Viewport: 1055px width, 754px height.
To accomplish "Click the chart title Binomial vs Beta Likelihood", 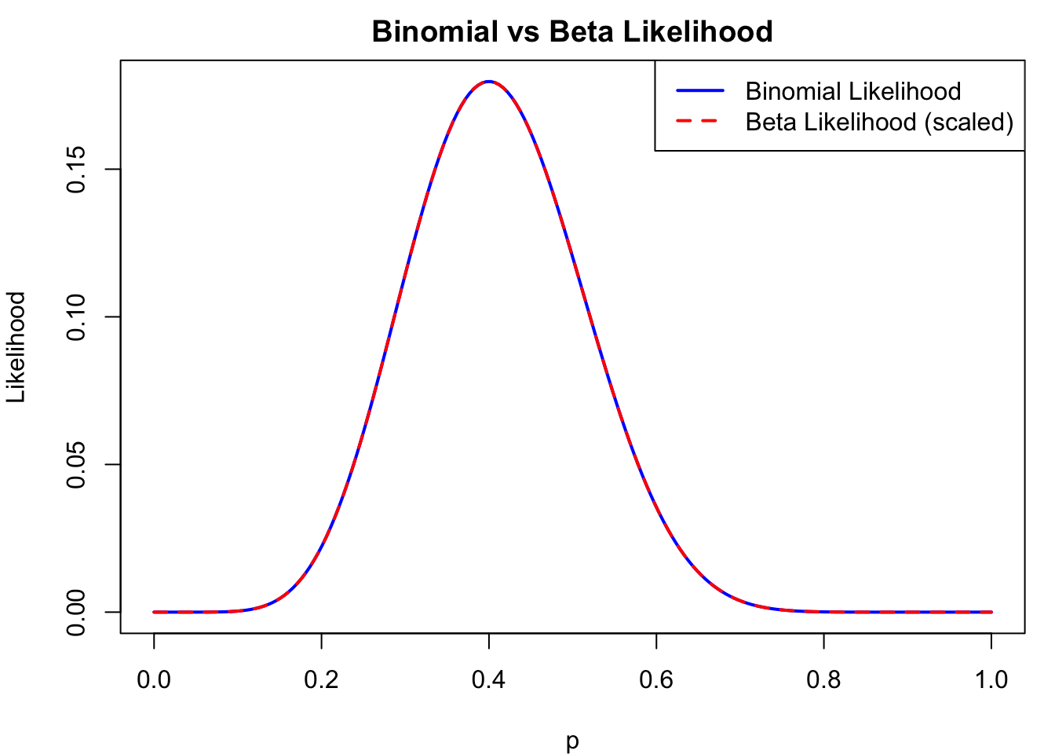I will (572, 32).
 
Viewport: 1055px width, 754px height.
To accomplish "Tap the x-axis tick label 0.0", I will (154, 679).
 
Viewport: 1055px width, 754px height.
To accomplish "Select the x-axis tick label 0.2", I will (321, 679).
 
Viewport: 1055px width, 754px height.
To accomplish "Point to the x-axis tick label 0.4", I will (489, 679).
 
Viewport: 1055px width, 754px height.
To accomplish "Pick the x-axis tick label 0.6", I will (656, 679).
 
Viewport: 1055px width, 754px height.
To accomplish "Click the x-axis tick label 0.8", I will (823, 679).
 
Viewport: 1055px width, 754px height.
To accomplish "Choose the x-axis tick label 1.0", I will (991, 679).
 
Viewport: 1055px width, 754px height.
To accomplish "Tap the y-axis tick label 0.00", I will (77, 612).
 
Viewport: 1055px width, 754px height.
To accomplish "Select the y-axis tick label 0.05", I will (77, 464).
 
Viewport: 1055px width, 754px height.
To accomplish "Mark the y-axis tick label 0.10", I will (77, 317).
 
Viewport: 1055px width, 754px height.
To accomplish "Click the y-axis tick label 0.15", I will (77, 170).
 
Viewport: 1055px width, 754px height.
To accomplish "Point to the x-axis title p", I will (572, 741).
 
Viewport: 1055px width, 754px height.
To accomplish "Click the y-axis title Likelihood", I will (17, 346).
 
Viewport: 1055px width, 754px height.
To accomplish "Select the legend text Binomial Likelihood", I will (853, 91).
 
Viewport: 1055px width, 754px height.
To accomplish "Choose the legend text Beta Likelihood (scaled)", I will (879, 123).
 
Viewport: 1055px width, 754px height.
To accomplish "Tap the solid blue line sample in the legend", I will (700, 91).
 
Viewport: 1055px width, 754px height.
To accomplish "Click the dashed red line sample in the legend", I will (700, 122).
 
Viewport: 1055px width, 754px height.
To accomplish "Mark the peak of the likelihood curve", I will (489, 81).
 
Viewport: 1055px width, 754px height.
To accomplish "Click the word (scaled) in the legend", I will (969, 123).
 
